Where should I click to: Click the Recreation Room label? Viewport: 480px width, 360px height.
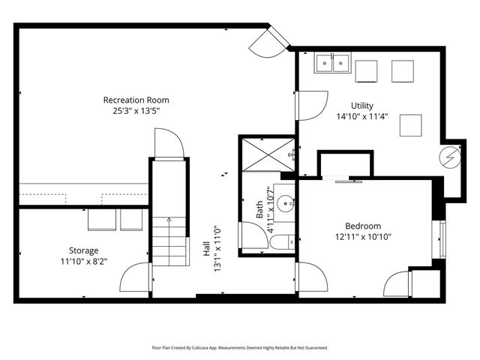coord(136,100)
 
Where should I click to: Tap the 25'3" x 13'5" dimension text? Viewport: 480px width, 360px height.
coord(136,111)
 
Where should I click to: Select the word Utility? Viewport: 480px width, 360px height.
coord(361,106)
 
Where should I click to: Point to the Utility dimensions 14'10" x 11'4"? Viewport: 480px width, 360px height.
coord(361,117)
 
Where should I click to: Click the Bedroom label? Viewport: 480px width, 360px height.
coord(363,226)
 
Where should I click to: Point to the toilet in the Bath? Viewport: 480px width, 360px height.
coord(283,242)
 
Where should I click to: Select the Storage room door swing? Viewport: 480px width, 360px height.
coord(136,278)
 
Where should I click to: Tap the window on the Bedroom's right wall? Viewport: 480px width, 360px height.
coord(442,240)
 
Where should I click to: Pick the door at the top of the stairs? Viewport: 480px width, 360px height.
coord(169,144)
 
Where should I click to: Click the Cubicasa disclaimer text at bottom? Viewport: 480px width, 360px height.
coord(239,348)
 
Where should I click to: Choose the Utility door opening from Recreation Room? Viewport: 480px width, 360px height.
coord(312,105)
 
